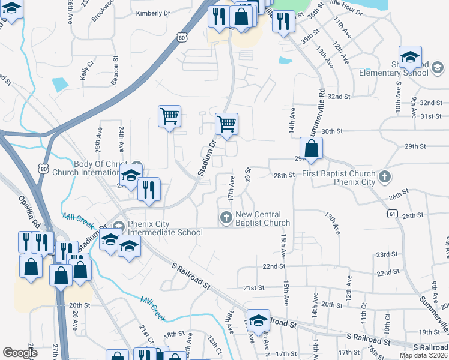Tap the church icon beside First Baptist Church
click(385, 178)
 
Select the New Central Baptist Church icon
click(226, 217)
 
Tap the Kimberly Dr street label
click(153, 13)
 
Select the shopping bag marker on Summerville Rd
click(312, 149)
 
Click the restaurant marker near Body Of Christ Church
click(148, 190)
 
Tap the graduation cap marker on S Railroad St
click(258, 320)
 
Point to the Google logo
click(20, 353)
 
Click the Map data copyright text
click(423, 355)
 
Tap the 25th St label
click(413, 215)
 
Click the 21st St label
click(255, 287)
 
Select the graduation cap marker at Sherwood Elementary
click(410, 57)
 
